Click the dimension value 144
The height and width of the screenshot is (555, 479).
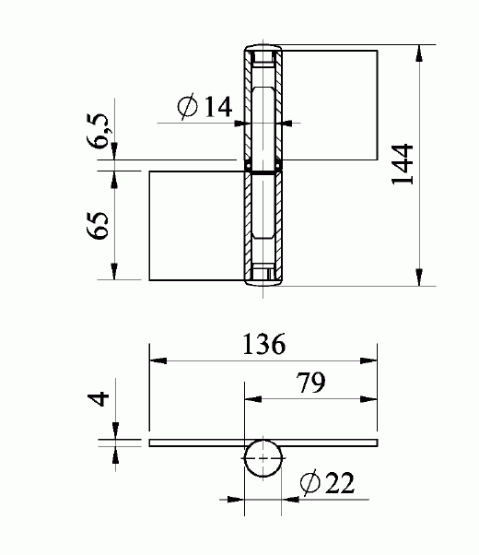[x=403, y=166]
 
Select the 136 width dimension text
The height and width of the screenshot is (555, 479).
[x=263, y=344]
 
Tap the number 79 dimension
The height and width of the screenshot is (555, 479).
[x=310, y=383]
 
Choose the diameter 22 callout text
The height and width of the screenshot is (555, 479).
[x=328, y=482]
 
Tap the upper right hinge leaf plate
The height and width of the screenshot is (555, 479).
[x=332, y=103]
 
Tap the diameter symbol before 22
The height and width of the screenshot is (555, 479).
[x=310, y=482]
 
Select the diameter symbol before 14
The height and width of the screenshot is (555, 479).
[x=188, y=107]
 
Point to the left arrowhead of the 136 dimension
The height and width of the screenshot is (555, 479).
[x=155, y=360]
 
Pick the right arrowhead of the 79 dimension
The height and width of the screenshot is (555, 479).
[x=372, y=399]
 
